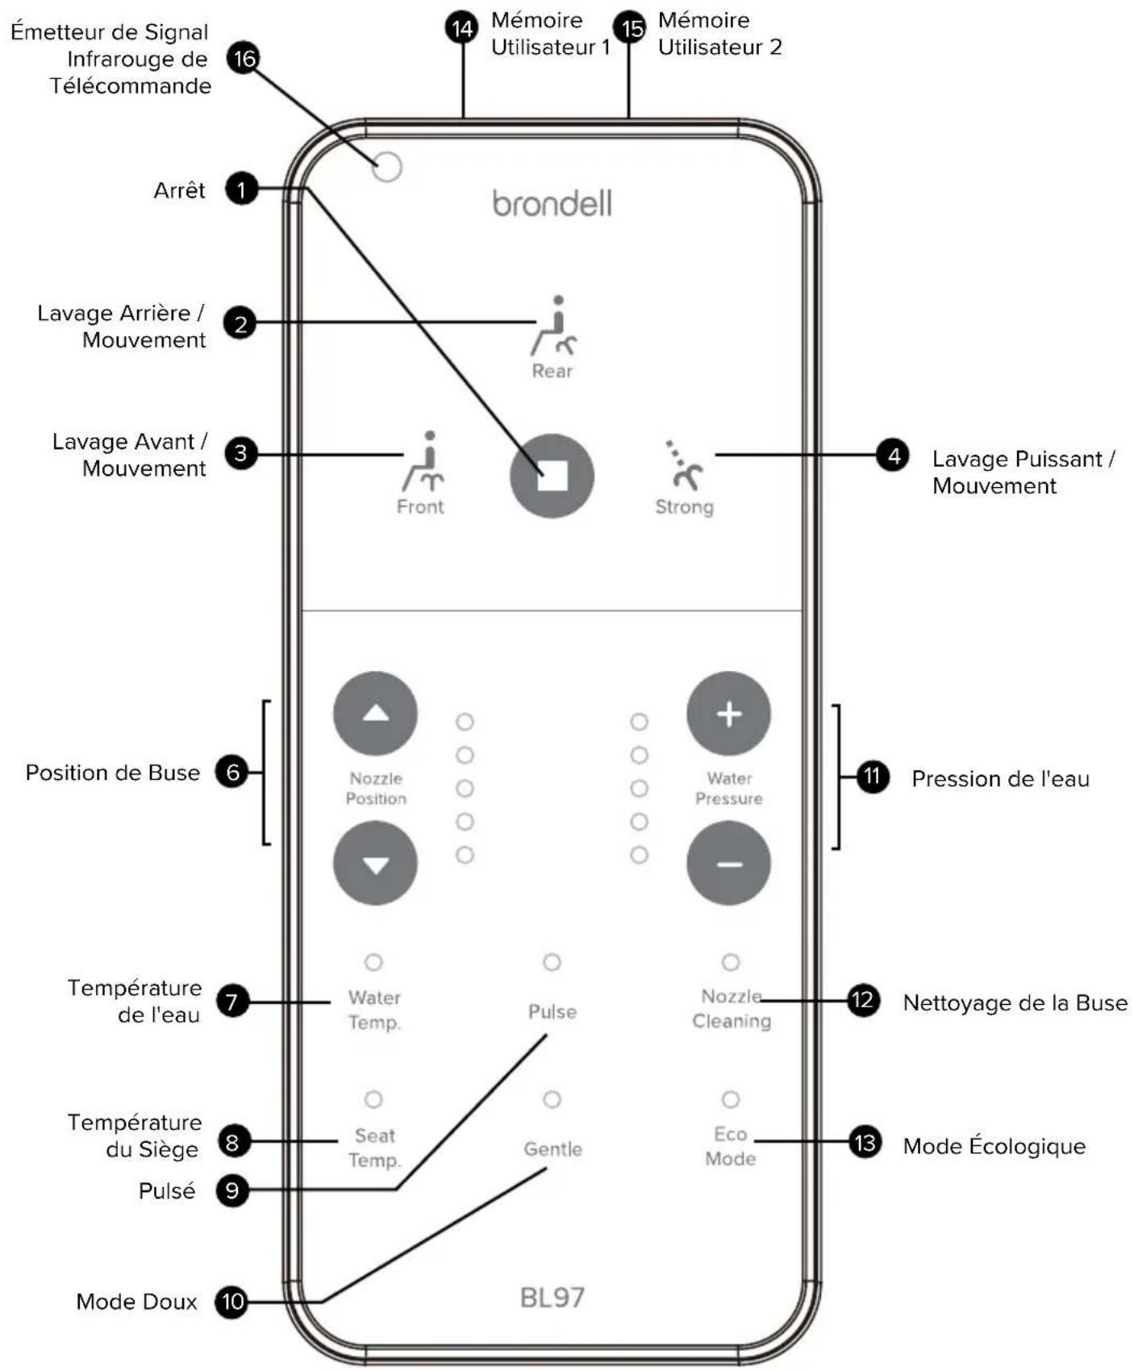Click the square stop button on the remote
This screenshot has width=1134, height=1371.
click(x=552, y=476)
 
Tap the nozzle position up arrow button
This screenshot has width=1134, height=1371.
click(x=375, y=714)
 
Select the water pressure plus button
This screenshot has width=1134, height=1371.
click(x=728, y=714)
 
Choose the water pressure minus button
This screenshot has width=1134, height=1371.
click(x=728, y=863)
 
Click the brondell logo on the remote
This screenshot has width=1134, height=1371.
click(x=552, y=203)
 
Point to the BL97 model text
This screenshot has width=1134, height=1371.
click(x=552, y=1297)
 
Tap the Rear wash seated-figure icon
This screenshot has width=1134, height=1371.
click(x=554, y=326)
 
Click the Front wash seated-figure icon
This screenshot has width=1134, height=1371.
click(x=423, y=461)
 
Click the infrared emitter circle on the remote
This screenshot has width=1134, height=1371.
click(x=387, y=168)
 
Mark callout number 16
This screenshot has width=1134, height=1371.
click(x=243, y=58)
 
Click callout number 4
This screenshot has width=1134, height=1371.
click(x=893, y=456)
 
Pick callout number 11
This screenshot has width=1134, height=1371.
click(x=872, y=777)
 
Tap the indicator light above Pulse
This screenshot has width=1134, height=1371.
click(x=552, y=962)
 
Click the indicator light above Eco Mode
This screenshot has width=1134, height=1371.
click(x=730, y=1099)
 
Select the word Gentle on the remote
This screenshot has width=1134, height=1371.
click(x=552, y=1149)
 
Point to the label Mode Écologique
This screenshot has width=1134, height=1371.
click(x=994, y=1145)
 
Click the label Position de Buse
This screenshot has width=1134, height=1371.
click(x=113, y=773)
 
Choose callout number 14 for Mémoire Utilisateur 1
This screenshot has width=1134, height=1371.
click(x=462, y=29)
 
